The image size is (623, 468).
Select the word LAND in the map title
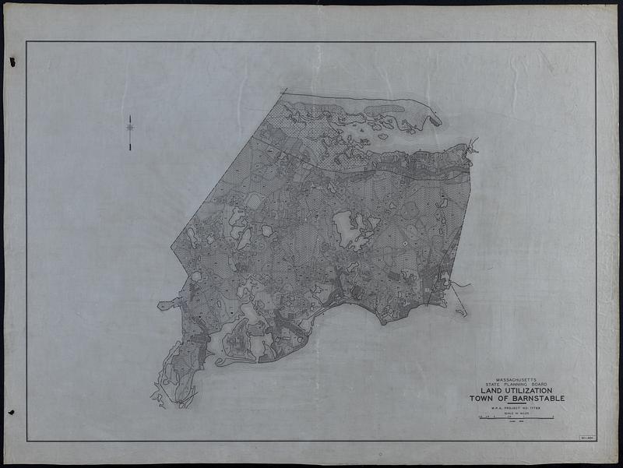point(484,391)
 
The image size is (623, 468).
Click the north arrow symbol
point(130,128)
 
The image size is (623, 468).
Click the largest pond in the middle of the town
point(346,227)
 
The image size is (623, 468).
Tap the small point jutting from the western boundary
point(162,304)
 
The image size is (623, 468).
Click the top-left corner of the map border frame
point(27,42)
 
